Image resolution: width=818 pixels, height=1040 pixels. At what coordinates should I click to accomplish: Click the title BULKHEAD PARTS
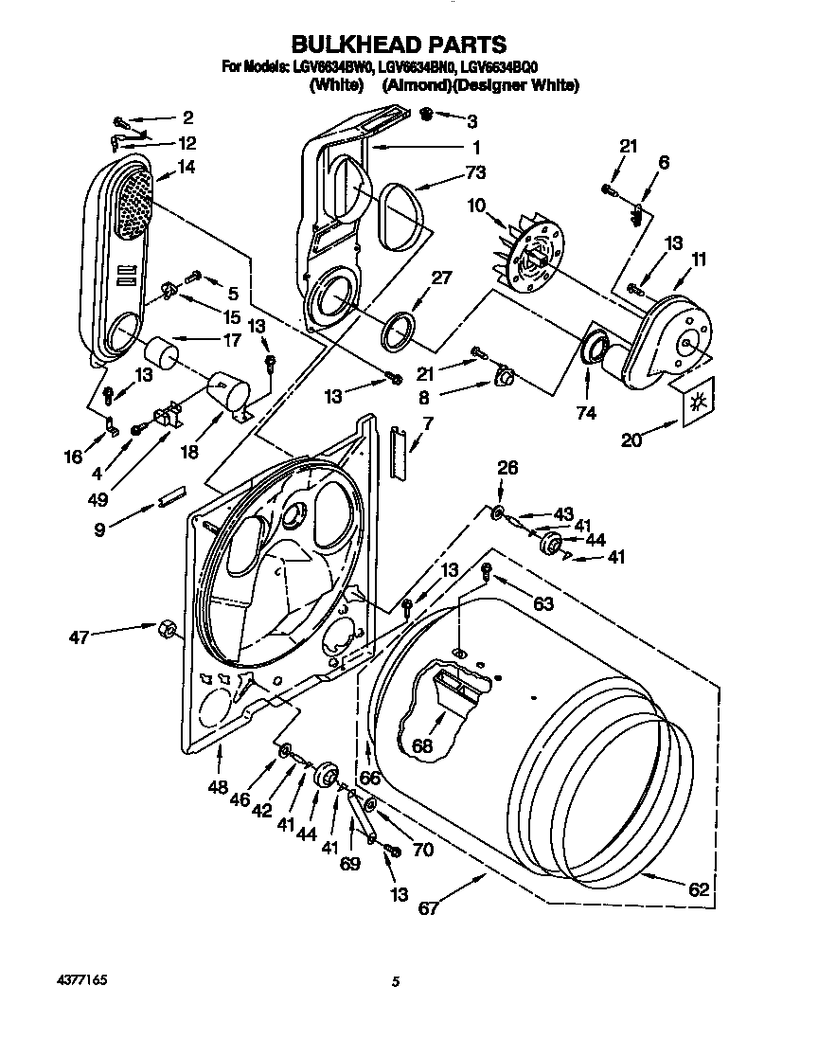(x=399, y=44)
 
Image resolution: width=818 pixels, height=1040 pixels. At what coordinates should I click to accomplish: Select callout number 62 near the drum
(x=698, y=888)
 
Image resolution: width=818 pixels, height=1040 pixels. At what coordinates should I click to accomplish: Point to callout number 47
(x=79, y=637)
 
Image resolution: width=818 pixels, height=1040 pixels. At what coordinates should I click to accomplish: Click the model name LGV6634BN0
(x=418, y=67)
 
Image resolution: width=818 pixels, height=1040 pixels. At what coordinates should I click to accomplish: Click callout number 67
(x=429, y=908)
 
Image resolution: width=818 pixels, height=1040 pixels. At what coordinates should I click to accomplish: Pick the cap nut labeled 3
(x=426, y=115)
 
